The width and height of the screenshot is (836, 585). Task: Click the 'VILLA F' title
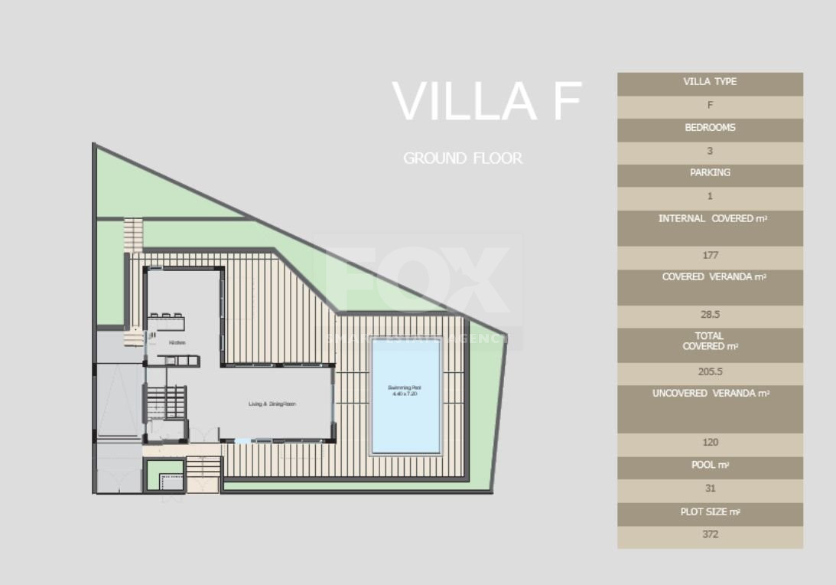486,102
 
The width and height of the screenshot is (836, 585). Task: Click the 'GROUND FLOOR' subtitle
463,159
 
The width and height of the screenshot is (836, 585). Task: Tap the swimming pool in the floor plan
405,396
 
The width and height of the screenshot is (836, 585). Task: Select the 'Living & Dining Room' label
272,404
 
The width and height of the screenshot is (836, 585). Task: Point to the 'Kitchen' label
177,342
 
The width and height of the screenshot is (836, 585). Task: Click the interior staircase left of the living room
166,401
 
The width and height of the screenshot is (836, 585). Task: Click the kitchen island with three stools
166,321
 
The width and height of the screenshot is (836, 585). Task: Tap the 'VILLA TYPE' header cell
710,82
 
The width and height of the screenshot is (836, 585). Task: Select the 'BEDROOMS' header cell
710,128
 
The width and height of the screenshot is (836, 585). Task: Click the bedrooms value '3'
710,152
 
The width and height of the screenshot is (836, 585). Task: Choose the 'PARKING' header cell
710,173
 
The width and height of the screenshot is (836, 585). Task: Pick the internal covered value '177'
710,256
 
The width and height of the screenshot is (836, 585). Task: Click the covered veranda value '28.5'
710,315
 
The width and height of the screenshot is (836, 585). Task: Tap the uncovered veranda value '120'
710,443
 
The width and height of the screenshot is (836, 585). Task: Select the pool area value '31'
710,489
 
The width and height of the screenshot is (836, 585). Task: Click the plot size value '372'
710,534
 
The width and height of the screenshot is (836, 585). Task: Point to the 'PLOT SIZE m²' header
710,511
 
